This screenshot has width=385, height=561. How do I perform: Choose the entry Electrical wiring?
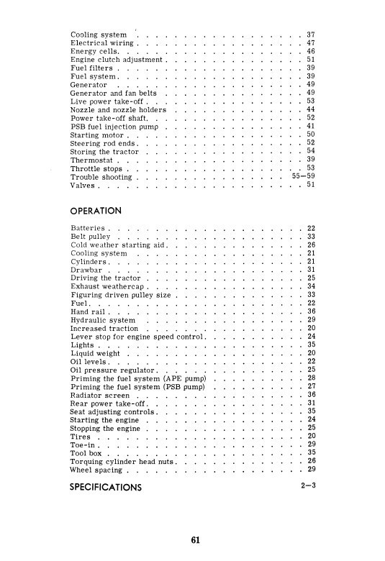pyautogui.click(x=101, y=44)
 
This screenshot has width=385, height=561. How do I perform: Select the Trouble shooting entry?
pyautogui.click(x=102, y=175)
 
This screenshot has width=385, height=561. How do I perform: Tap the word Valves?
pyautogui.click(x=83, y=185)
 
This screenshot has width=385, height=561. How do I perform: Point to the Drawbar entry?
pyautogui.click(x=87, y=270)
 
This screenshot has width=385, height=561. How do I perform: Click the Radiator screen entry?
pyautogui.click(x=101, y=394)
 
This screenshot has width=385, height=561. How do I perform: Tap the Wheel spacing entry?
pyautogui.click(x=96, y=470)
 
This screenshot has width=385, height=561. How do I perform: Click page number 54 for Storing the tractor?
pyautogui.click(x=311, y=150)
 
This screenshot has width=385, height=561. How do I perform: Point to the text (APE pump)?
pyautogui.click(x=185, y=378)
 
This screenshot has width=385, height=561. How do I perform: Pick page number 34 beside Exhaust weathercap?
pyautogui.click(x=311, y=286)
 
